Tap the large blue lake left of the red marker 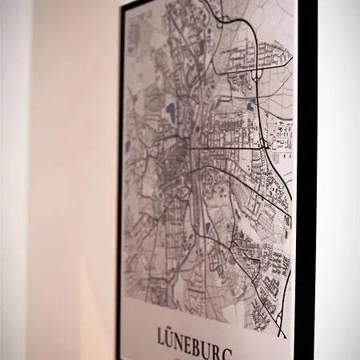(170, 110)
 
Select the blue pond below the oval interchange (250, 106)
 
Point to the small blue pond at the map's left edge (127, 146)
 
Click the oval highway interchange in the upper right (257, 76)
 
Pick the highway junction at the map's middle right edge (264, 143)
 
